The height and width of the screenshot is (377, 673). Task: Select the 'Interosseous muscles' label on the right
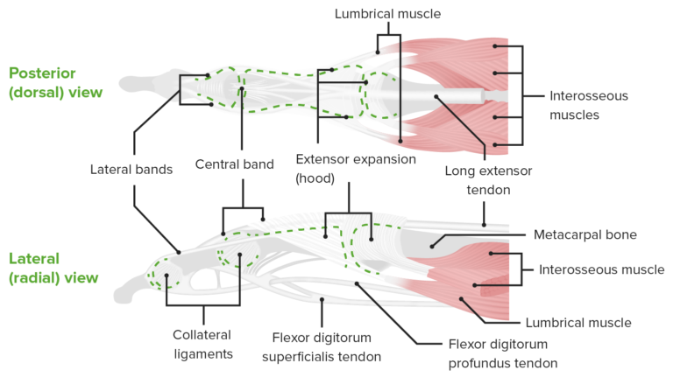588,105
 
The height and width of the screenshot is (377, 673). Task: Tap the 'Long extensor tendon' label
487,179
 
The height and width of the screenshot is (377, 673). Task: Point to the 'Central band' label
234,164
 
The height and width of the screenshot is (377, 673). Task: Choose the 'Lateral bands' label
131,169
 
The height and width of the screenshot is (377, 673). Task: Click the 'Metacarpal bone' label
584,234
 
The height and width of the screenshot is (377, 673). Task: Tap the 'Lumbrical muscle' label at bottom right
577,322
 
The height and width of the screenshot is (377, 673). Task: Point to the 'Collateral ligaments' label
202,344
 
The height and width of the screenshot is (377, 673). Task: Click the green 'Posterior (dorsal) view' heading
55,83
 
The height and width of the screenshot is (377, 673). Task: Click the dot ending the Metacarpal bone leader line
434,246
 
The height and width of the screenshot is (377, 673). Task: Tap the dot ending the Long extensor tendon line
435,97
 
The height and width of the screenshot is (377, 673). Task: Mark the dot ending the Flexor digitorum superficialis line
322,300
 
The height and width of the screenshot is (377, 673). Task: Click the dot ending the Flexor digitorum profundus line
356,283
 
